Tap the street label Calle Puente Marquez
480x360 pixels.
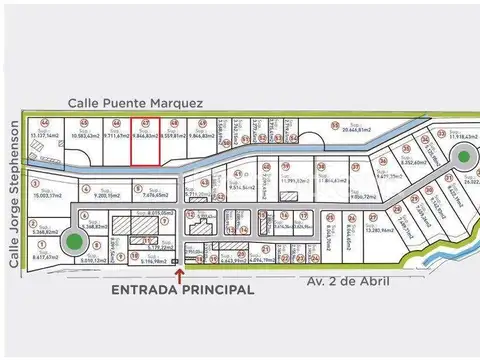coord(136,102)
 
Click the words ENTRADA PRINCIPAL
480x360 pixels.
coord(182,289)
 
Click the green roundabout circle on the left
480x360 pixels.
coord(72,242)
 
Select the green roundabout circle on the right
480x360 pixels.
coord(463,156)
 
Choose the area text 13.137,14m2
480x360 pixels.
coord(45,135)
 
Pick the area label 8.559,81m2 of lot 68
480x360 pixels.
coord(174,135)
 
